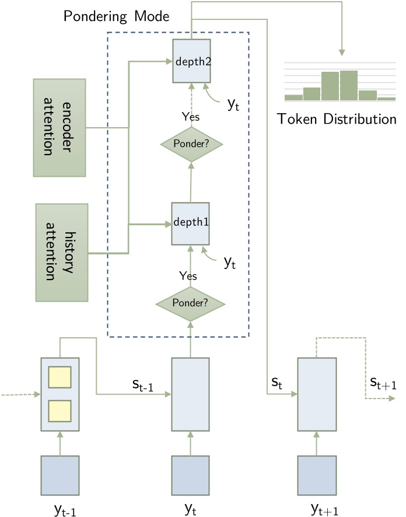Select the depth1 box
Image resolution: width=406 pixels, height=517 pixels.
190,223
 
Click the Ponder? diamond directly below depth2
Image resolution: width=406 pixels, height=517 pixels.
190,144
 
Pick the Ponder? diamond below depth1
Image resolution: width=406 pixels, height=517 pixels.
190,303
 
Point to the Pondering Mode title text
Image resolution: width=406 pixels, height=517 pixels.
116,16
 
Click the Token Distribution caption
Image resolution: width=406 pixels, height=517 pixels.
337,119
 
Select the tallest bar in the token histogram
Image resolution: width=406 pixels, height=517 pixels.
349,85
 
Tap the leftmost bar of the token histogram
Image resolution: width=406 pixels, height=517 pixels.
293,97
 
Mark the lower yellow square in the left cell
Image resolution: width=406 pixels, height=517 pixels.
60,411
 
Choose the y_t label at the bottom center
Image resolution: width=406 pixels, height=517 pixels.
190,508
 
